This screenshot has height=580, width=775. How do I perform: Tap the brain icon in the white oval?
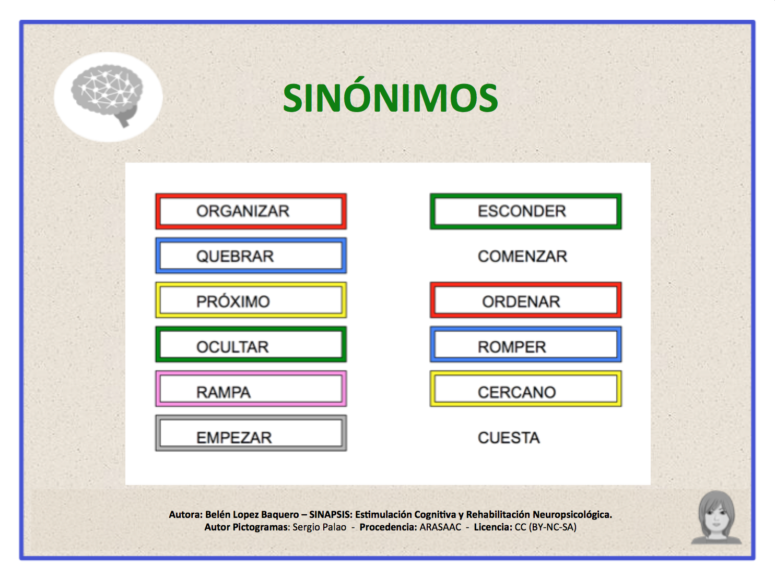click(x=107, y=94)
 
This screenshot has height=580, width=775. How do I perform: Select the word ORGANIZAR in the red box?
click(x=242, y=211)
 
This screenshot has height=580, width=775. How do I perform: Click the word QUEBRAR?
click(x=235, y=256)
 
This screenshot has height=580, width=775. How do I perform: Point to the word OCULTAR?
click(x=232, y=347)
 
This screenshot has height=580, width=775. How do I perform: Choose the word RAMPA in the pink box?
click(x=223, y=392)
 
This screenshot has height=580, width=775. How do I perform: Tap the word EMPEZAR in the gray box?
click(x=234, y=438)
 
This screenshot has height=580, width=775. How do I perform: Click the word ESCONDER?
click(x=522, y=211)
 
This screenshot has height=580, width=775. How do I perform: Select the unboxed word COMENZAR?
click(x=522, y=256)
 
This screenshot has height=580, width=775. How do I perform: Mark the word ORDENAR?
click(x=521, y=302)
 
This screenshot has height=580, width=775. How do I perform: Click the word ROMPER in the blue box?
click(x=512, y=347)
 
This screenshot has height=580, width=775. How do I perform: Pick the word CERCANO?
click(x=516, y=392)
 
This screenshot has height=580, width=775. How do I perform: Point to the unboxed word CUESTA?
click(x=509, y=438)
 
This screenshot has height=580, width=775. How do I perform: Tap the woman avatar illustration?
click(x=715, y=517)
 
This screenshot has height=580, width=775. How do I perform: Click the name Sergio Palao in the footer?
click(x=319, y=527)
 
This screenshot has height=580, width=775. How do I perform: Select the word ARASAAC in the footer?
click(x=440, y=527)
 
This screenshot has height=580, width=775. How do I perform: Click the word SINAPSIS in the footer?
click(x=330, y=514)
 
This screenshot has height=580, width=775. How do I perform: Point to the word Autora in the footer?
click(x=185, y=514)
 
